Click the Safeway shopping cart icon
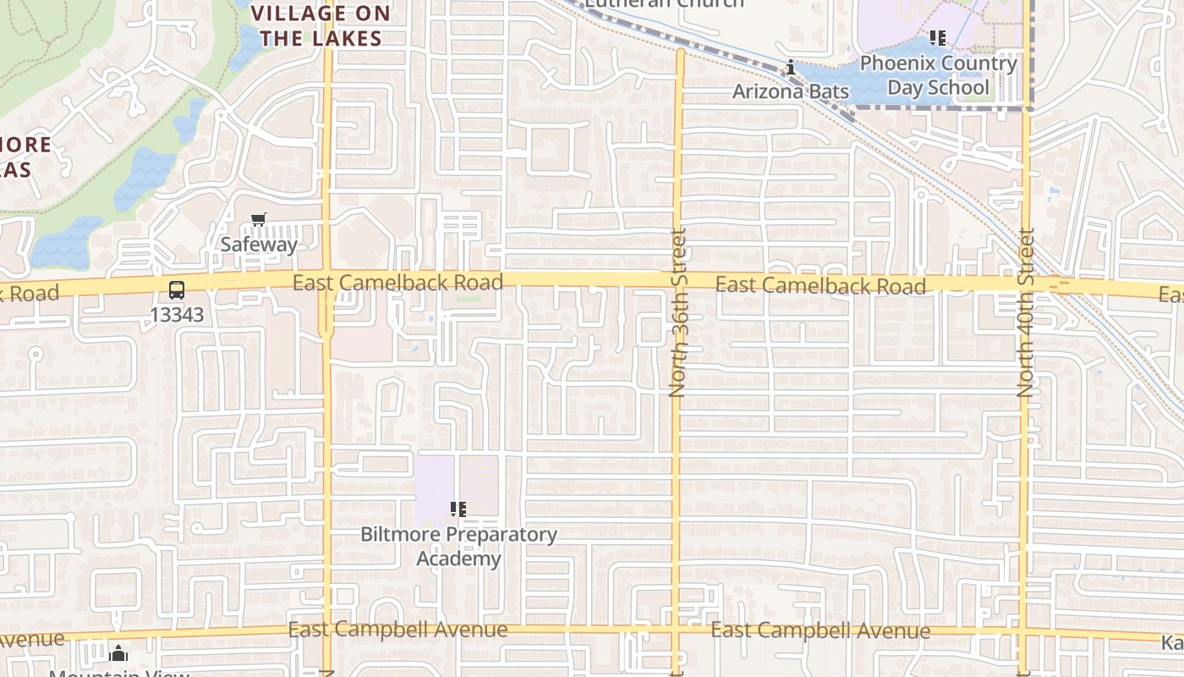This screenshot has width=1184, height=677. click(259, 220)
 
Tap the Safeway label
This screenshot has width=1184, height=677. click(259, 245)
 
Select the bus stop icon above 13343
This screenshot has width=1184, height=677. click(177, 290)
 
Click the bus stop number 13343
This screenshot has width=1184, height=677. click(177, 314)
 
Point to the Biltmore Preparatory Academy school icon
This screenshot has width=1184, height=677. click(458, 509)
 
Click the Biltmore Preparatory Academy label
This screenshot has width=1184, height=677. click(458, 547)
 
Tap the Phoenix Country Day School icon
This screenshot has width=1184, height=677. click(937, 38)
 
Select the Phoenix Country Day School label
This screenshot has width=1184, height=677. click(938, 75)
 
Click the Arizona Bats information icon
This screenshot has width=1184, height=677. click(790, 68)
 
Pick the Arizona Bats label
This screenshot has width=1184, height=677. click(790, 91)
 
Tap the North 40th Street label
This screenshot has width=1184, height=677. click(1026, 312)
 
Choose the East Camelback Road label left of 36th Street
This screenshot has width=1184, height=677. click(397, 282)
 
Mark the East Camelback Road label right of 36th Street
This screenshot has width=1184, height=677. click(820, 285)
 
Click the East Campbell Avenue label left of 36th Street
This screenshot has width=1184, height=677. click(397, 630)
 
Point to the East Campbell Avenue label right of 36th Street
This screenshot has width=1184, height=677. click(820, 631)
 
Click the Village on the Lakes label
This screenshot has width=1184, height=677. click(321, 25)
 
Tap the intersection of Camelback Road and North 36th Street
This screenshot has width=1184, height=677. click(677, 281)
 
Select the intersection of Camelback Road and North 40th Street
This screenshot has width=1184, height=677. click(1026, 284)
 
